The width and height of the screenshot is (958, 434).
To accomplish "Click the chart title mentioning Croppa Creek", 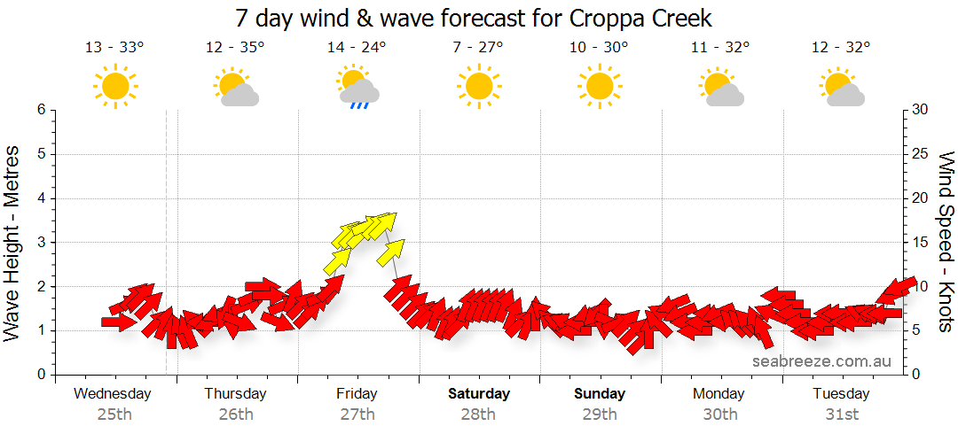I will [x=474, y=18].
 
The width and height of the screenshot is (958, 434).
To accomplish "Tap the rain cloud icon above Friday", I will [x=358, y=88].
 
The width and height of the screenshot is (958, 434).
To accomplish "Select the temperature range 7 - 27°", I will [x=478, y=48].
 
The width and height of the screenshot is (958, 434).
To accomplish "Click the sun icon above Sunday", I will [x=599, y=87].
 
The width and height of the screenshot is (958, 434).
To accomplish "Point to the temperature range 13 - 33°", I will [x=114, y=48].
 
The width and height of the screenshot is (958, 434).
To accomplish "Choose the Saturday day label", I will [x=478, y=393].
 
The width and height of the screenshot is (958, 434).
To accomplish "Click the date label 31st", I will [x=841, y=414].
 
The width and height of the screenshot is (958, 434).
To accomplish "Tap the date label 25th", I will [x=114, y=414].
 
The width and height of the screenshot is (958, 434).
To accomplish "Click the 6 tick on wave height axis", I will [x=40, y=110].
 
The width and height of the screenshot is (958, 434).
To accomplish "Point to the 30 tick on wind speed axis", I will [x=921, y=110].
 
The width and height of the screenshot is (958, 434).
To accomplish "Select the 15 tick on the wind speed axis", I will [x=921, y=243].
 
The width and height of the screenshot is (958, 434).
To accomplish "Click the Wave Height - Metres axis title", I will [x=13, y=242].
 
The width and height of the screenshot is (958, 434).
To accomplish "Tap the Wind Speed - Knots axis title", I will [x=946, y=242].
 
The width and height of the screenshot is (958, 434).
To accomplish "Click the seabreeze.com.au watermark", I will [x=821, y=361].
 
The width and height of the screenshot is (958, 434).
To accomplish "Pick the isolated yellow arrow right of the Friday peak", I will [x=390, y=252].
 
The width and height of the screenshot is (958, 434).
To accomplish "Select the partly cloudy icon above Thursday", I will [x=236, y=88].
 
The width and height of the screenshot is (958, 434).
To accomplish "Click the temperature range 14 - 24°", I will [x=357, y=48].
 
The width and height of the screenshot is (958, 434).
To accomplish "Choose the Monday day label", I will [x=719, y=393].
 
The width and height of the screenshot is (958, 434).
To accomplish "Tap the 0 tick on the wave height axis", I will [x=40, y=375].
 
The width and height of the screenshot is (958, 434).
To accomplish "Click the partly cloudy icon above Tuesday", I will [x=842, y=88].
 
